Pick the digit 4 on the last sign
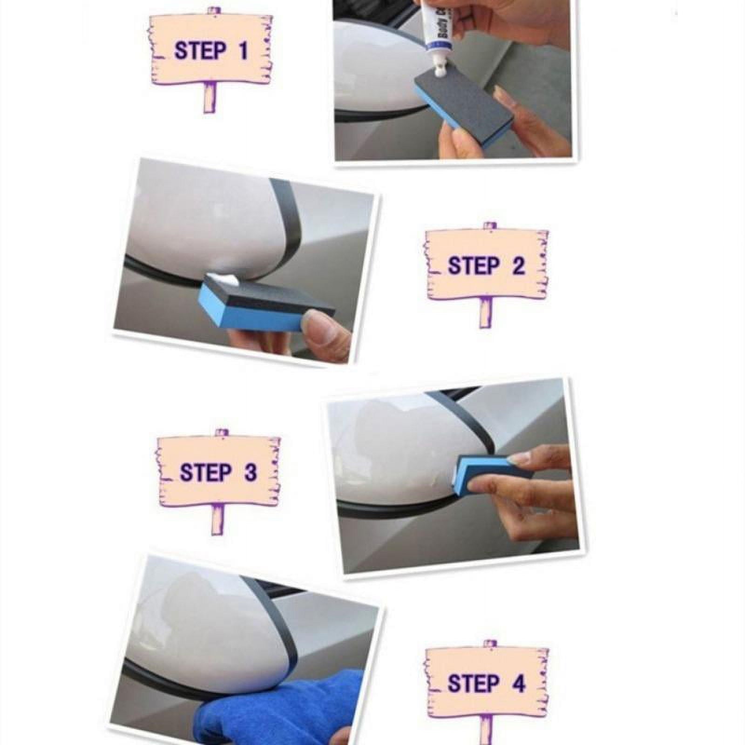(x=518, y=684)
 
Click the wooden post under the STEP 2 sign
(x=486, y=312)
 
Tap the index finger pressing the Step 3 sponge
(x=540, y=456)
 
